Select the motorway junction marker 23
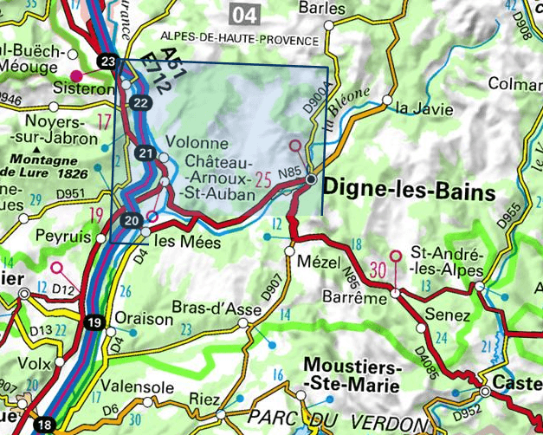107,62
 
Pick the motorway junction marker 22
141,103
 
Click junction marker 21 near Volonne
145,154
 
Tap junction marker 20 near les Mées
131,220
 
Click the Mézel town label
314,259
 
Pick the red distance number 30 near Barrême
378,269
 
